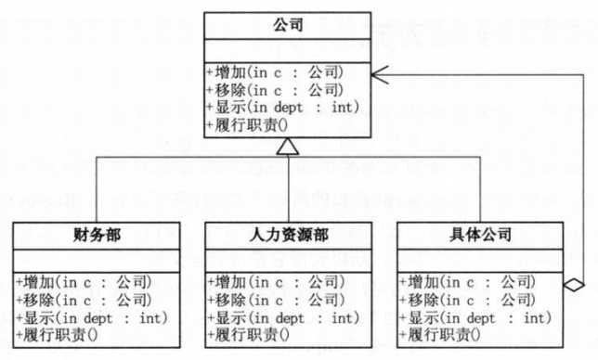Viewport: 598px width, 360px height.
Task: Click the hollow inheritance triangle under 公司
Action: coord(289,146)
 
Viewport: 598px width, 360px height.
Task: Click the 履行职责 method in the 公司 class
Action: coord(246,124)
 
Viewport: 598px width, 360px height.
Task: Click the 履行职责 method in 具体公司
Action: coord(437,333)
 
